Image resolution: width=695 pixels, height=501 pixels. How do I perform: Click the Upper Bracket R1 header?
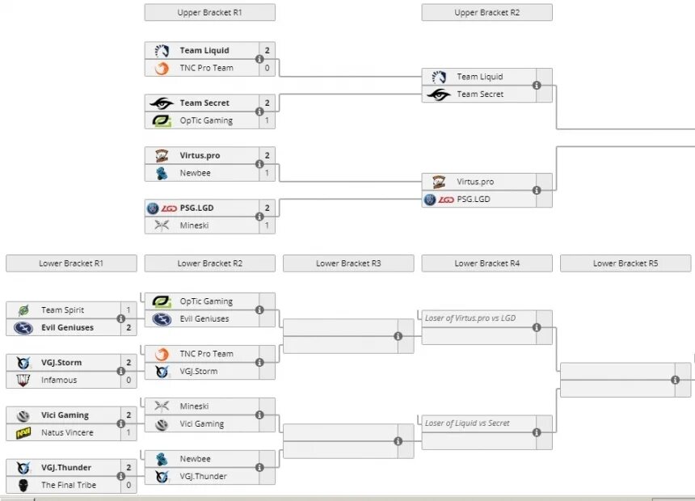pos(209,13)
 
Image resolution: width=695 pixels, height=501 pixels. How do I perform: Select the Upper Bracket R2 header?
pos(486,13)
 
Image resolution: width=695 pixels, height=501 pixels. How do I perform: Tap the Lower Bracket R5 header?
pos(625,263)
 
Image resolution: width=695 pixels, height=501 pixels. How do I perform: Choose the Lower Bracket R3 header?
pos(348,263)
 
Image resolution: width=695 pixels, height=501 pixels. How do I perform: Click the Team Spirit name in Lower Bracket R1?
pos(62,310)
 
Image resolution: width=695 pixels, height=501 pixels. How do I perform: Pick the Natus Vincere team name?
pos(67,433)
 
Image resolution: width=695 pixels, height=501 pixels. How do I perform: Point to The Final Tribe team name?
pos(69,485)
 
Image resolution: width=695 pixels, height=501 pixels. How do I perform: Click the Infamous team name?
pos(59,380)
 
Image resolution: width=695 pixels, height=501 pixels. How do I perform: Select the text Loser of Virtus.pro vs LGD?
pos(470,318)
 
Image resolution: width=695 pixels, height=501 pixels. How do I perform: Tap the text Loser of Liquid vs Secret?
pos(467,423)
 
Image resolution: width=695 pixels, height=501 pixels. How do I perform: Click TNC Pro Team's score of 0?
pos(267,68)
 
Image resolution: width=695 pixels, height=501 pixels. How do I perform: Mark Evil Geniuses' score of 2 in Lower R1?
pos(128,328)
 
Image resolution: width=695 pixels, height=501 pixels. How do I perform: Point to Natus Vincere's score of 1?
pos(128,433)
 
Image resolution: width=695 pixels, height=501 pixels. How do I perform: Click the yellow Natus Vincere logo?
pos(24,433)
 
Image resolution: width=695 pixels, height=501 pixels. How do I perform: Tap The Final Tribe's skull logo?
pos(24,485)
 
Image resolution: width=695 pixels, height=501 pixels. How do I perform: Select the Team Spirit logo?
pos(24,310)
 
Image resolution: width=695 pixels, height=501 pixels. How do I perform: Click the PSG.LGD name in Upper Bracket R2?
pos(474,199)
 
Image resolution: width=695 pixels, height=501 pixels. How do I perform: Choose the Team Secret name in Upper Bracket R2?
pos(480,95)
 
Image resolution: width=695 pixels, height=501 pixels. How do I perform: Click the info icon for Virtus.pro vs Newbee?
pos(259,164)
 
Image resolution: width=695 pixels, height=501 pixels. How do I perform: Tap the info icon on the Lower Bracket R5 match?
pos(676,380)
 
